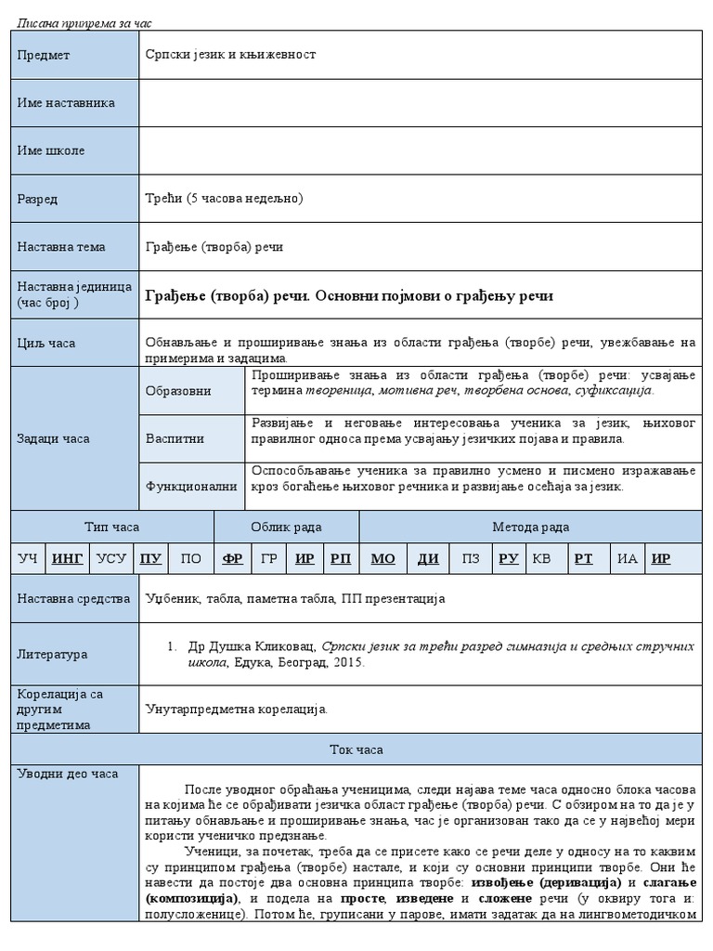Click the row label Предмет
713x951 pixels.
click(x=44, y=55)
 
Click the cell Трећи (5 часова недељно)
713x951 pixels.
click(x=224, y=199)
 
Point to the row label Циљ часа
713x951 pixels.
click(x=46, y=344)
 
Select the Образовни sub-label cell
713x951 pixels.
click(x=178, y=392)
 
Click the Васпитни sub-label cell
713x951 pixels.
click(x=175, y=438)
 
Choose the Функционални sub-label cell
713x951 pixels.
click(x=191, y=486)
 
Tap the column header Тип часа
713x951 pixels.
click(x=111, y=527)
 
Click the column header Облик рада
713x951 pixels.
click(x=286, y=527)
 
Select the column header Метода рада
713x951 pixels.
click(x=530, y=527)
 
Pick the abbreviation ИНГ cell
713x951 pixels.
click(x=68, y=558)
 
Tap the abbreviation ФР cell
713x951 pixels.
click(x=233, y=558)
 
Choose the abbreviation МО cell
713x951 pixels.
click(x=382, y=558)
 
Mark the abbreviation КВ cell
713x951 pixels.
click(x=540, y=558)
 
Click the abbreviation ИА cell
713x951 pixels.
click(x=628, y=558)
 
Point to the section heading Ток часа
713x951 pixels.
click(x=356, y=749)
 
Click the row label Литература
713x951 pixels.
click(x=52, y=655)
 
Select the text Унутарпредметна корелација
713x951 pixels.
click(x=237, y=709)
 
